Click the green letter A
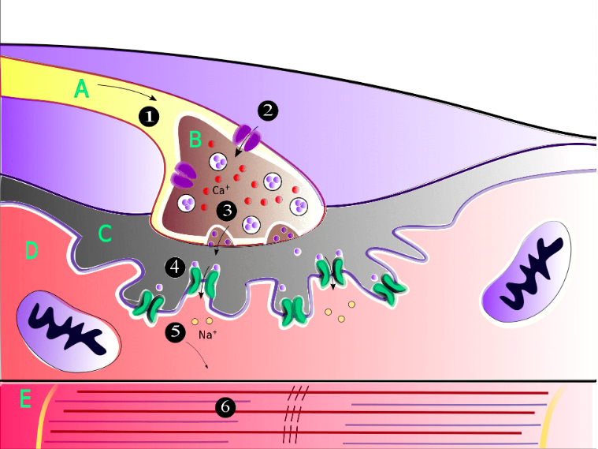(80, 88)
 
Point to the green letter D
(31, 251)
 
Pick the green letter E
(25, 400)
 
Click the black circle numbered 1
(149, 116)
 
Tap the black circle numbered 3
(227, 211)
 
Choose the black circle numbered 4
(176, 267)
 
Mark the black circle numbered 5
(176, 332)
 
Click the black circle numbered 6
(225, 407)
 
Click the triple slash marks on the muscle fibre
(293, 411)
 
